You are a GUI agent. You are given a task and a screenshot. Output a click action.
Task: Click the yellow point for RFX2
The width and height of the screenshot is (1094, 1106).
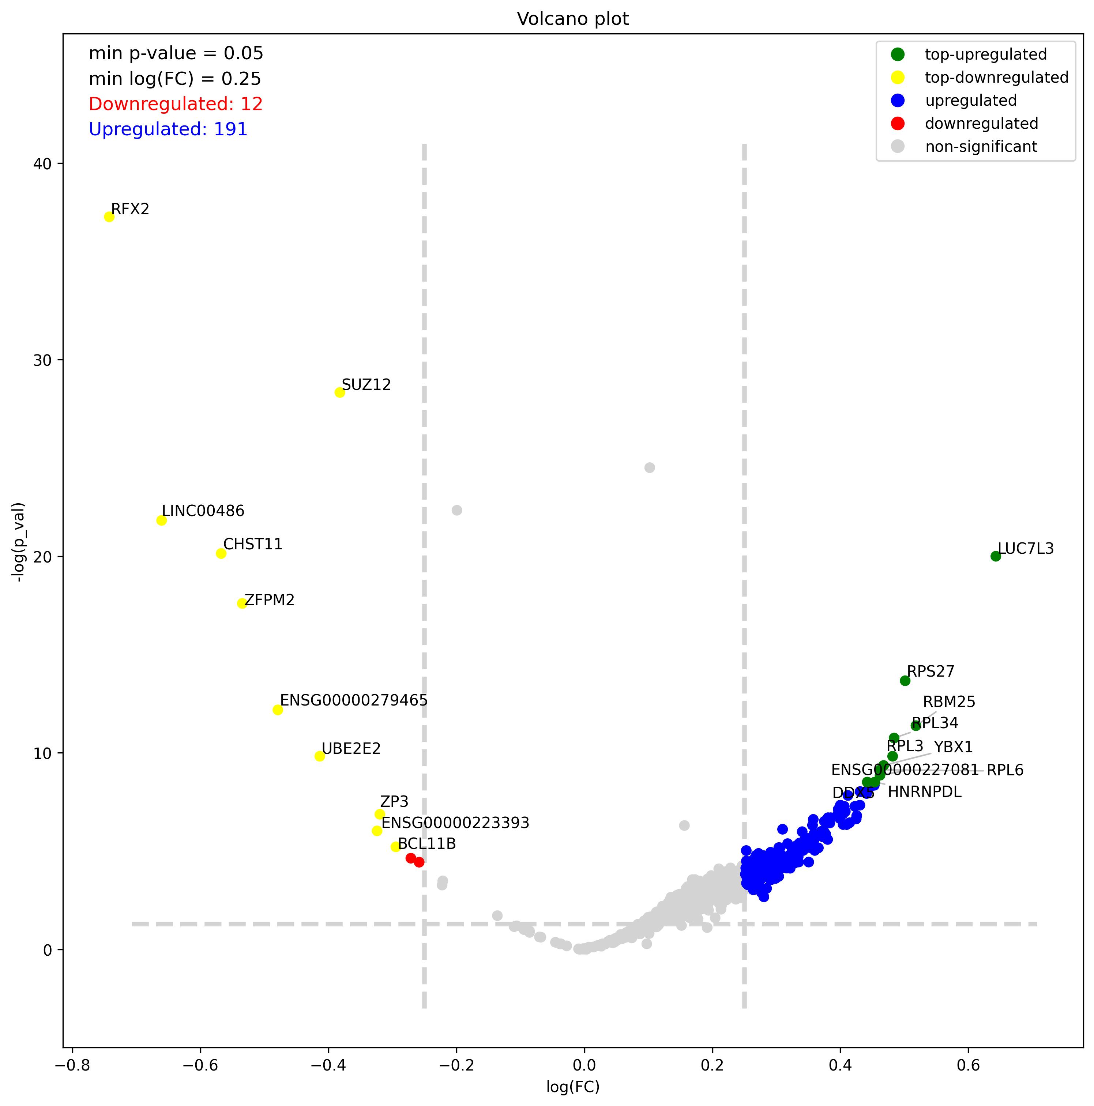(109, 217)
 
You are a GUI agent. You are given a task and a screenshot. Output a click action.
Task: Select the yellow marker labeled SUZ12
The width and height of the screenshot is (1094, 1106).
(339, 392)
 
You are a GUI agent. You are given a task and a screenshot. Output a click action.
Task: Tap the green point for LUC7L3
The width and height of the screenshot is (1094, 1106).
(996, 556)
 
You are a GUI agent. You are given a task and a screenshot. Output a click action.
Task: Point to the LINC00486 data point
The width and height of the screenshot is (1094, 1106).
(161, 520)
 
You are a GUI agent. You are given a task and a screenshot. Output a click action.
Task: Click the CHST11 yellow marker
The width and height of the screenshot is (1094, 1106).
(221, 553)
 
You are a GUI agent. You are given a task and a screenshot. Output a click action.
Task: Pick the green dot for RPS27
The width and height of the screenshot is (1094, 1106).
(905, 680)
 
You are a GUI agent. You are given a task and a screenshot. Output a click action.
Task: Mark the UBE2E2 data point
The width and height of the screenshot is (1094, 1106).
(319, 756)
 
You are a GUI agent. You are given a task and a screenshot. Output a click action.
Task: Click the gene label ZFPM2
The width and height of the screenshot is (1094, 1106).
(270, 600)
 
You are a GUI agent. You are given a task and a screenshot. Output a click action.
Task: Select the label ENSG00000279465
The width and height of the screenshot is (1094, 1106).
(354, 700)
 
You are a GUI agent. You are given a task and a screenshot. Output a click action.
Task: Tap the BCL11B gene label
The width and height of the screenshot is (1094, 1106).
(426, 843)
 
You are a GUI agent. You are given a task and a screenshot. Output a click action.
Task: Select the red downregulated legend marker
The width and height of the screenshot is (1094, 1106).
(898, 123)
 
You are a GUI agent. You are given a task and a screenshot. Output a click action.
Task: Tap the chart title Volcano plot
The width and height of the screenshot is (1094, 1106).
(572, 19)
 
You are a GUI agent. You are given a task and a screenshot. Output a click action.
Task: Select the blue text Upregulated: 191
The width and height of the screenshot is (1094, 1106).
(168, 129)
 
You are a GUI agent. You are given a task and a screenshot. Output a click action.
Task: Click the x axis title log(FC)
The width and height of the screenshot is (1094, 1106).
(572, 1087)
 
